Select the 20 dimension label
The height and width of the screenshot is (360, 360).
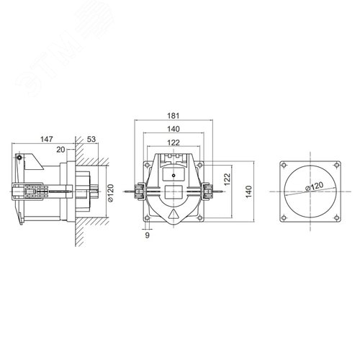click(61, 149)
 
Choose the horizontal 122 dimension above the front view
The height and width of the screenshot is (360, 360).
click(173, 143)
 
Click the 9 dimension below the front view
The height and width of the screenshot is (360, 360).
click(148, 235)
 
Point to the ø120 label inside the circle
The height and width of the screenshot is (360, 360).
click(312, 189)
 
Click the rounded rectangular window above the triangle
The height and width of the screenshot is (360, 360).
click(174, 192)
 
